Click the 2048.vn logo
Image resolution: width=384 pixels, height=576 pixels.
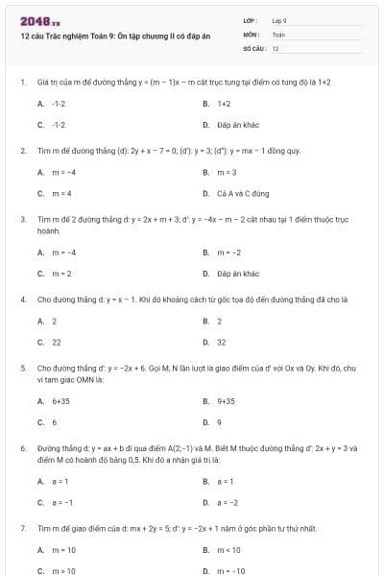[x=39, y=20]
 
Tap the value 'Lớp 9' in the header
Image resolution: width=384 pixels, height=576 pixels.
[x=279, y=20]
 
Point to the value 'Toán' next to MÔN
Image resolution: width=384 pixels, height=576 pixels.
[x=278, y=34]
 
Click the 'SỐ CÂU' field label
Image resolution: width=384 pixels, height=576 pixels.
[x=253, y=47]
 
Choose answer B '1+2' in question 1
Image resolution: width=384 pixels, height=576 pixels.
[x=224, y=103]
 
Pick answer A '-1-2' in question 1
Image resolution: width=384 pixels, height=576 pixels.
[x=59, y=103]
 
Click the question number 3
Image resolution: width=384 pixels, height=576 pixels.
[x=22, y=219]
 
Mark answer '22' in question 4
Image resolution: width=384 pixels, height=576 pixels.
[x=57, y=342]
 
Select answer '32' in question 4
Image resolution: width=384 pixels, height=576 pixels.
[x=222, y=342]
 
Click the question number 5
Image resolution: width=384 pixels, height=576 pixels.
[x=22, y=368]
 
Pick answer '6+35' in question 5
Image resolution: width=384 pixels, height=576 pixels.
[x=60, y=400]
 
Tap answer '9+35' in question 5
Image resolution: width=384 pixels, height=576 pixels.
[x=226, y=400]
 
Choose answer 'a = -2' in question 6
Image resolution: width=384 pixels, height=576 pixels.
[x=228, y=502]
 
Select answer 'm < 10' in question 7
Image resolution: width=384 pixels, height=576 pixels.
[x=229, y=550]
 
